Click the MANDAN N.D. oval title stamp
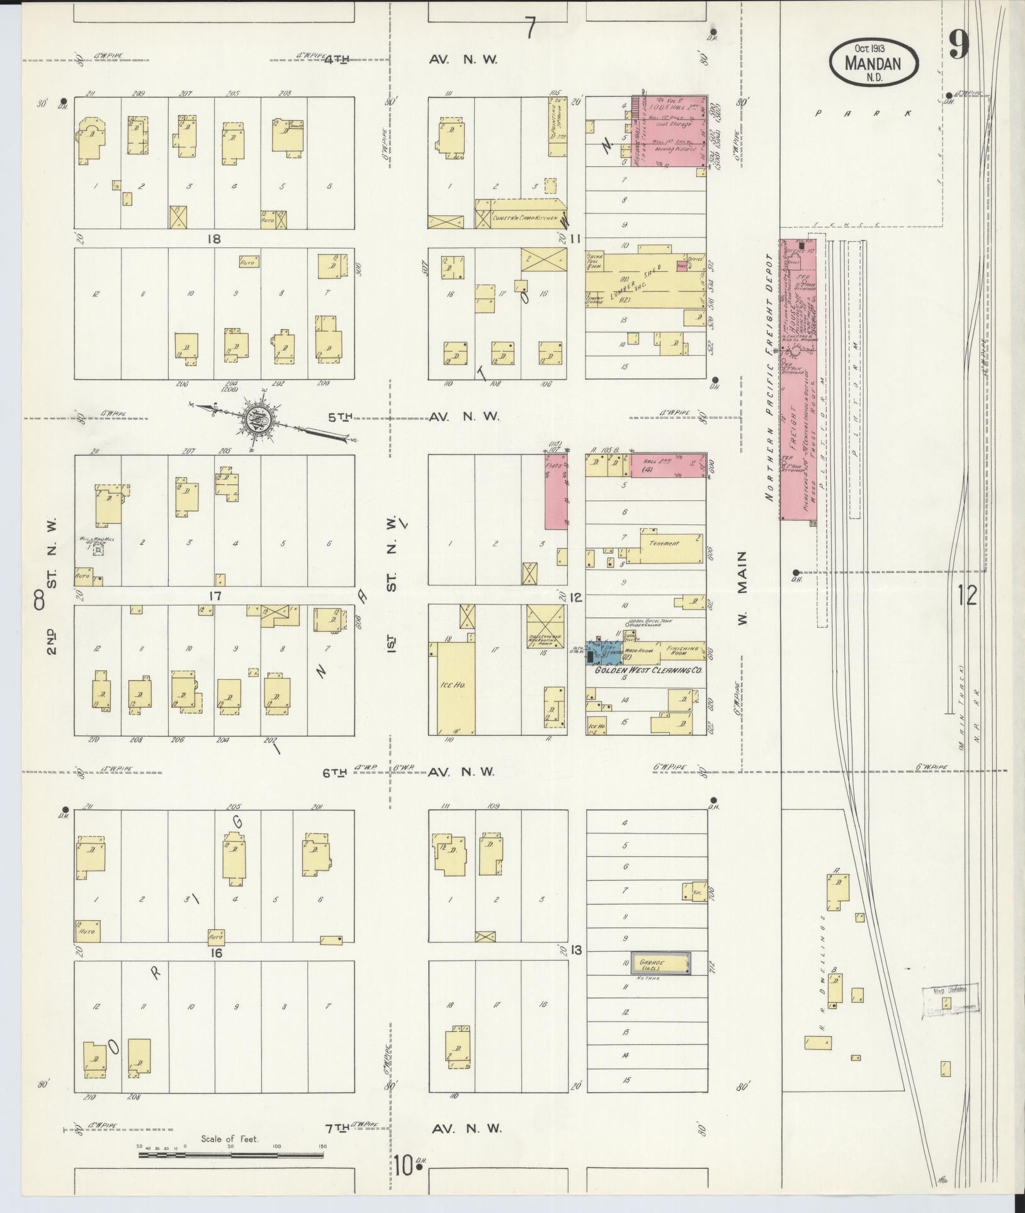coord(873,62)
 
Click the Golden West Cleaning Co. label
coord(648,672)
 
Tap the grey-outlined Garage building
coord(660,981)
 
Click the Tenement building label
coord(665,543)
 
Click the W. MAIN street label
coord(742,589)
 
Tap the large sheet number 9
coord(958,45)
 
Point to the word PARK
coord(863,113)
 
